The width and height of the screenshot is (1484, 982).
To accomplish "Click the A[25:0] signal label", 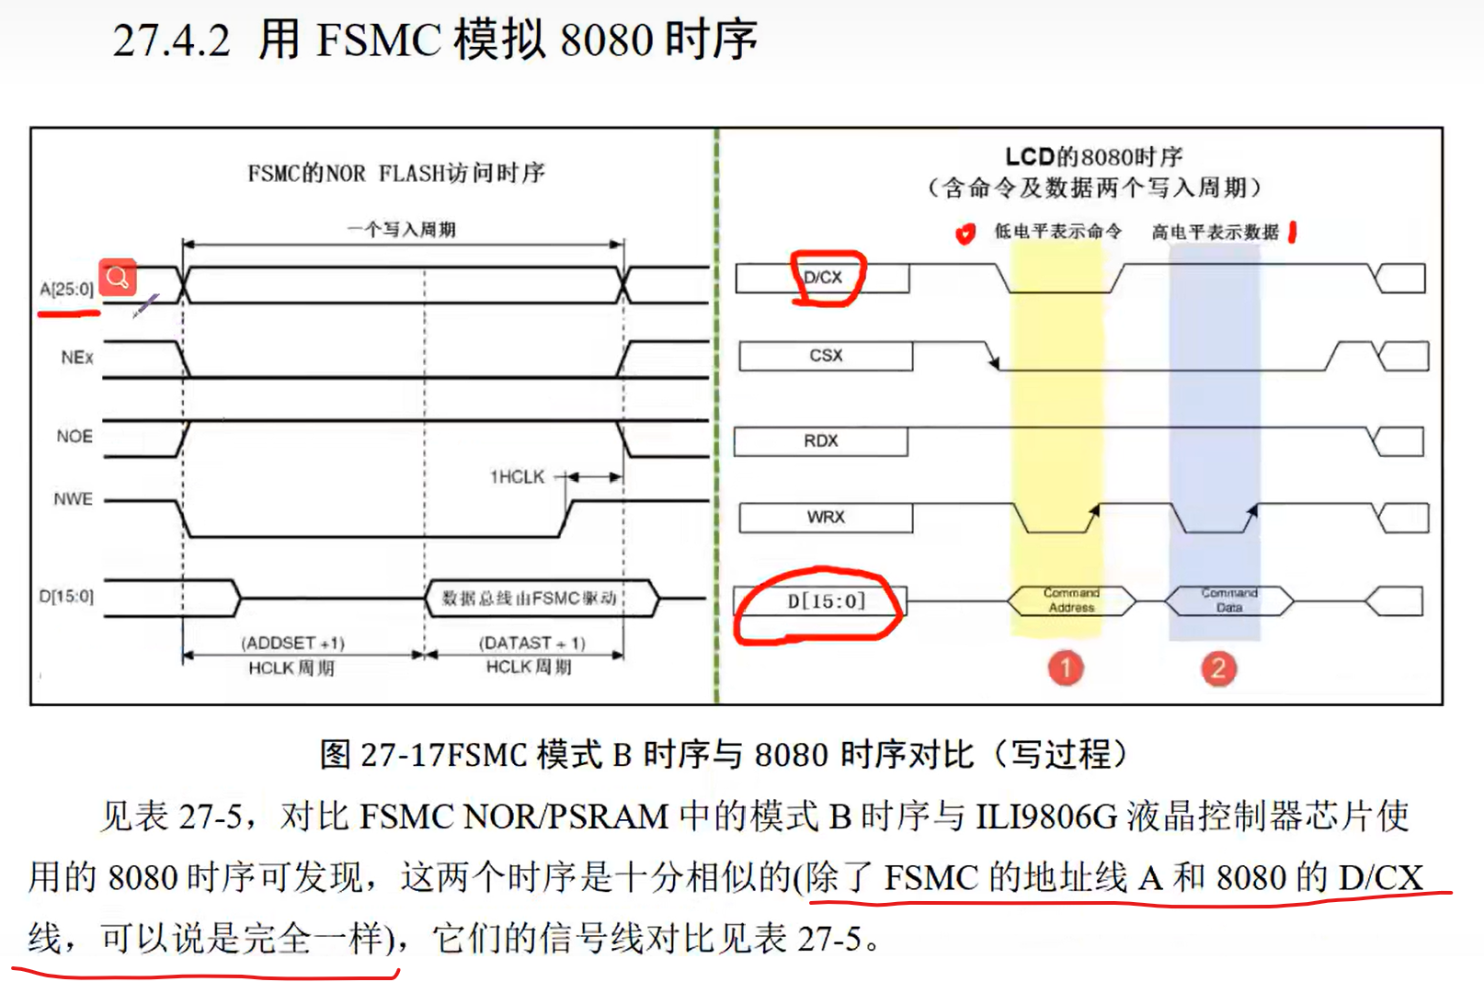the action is [x=66, y=289].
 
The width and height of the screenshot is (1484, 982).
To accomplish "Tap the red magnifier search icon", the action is [x=118, y=277].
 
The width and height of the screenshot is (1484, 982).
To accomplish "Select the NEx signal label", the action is [x=77, y=357].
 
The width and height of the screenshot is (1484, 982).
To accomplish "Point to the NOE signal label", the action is [x=74, y=436].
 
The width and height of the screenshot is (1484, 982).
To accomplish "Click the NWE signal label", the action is [x=74, y=498].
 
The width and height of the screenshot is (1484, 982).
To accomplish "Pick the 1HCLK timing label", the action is [x=517, y=476].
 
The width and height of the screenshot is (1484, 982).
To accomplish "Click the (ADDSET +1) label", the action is [x=292, y=643].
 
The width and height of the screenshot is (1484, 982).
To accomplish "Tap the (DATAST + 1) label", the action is [x=531, y=643].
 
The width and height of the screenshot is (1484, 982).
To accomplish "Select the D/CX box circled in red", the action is [x=824, y=278].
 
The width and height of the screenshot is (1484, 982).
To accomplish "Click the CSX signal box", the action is [x=826, y=356].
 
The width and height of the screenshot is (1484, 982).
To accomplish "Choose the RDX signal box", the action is [x=820, y=441].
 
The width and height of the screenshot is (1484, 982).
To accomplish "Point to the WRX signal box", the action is [x=826, y=518].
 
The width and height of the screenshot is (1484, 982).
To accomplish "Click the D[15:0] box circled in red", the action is [x=826, y=601].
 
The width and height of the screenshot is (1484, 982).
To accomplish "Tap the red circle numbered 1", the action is [x=1066, y=668].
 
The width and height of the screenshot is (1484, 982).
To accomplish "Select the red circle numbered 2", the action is [x=1218, y=668].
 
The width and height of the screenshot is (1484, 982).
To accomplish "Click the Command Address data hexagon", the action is [x=1072, y=600].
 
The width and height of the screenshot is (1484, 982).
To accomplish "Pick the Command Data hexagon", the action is [x=1229, y=600].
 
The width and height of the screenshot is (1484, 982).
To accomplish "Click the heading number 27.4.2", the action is [x=172, y=41].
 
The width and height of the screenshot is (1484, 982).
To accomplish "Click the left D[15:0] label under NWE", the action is [x=66, y=596].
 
